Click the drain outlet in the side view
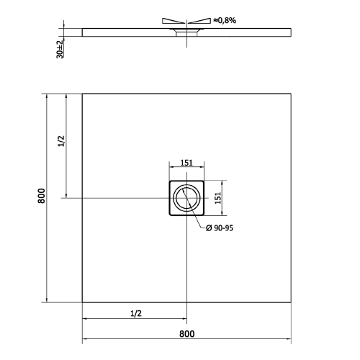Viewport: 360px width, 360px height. (187, 33)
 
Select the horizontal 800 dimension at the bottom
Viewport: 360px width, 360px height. (186, 333)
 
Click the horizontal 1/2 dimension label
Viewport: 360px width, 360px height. (135, 312)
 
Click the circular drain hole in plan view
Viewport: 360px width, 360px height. (187, 198)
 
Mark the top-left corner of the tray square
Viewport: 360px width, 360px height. (82, 93)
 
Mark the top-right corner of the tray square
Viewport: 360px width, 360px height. (292, 93)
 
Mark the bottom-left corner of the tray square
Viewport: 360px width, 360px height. (82, 302)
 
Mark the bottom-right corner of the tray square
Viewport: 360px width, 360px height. (292, 302)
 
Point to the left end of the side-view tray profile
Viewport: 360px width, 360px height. (83, 31)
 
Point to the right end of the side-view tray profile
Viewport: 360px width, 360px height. (291, 31)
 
